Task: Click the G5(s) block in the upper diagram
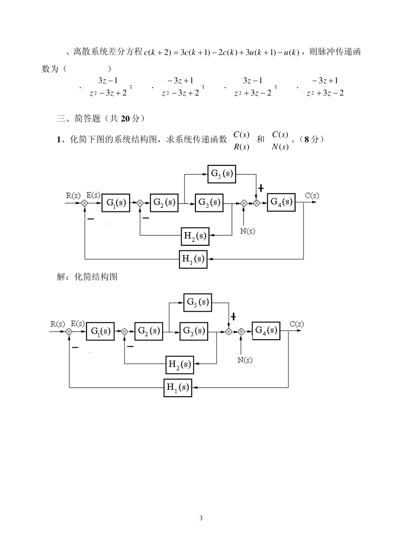tap(222, 174)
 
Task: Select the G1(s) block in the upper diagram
tap(116, 203)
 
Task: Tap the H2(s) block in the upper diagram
tap(195, 236)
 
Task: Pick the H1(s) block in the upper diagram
tap(193, 259)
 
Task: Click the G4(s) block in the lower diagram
tap(266, 330)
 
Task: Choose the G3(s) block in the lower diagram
tap(194, 331)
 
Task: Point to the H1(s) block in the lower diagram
tap(178, 387)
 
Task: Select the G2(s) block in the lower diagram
tap(149, 331)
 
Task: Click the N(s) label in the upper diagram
tap(247, 231)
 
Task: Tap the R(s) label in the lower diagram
tap(57, 324)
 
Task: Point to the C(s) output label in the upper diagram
tap(312, 195)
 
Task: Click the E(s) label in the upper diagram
tap(93, 195)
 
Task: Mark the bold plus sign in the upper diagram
tap(261, 188)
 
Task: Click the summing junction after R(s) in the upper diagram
tap(84, 203)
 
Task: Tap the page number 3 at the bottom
tap(201, 518)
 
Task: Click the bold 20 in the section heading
tap(125, 119)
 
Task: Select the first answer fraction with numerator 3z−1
tap(108, 86)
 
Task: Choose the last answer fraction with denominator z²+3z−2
tap(325, 86)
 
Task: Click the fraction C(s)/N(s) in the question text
tap(280, 140)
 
